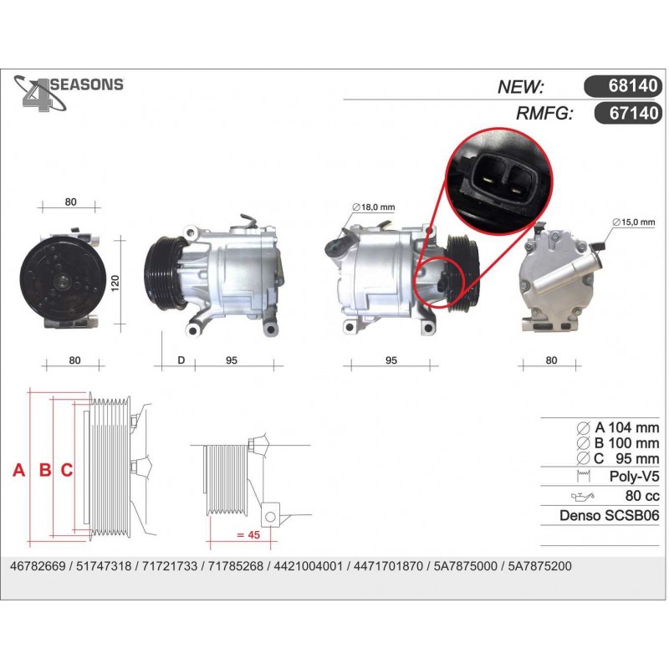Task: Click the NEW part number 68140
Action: (633, 86)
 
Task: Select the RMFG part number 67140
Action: (634, 113)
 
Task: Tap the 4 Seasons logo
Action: (69, 93)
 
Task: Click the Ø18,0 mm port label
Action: (374, 207)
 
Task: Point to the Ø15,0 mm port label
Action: (634, 222)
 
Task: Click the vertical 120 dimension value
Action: (115, 283)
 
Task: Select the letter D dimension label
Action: (181, 360)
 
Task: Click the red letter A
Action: (18, 470)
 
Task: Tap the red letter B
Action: (45, 470)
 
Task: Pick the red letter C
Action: (67, 470)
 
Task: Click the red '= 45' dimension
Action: (248, 534)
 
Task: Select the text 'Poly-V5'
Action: (634, 476)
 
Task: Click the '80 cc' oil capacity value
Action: (642, 496)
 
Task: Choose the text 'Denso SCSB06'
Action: (610, 515)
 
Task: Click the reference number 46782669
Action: (38, 566)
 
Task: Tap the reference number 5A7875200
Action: (539, 566)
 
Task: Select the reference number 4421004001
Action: (308, 566)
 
